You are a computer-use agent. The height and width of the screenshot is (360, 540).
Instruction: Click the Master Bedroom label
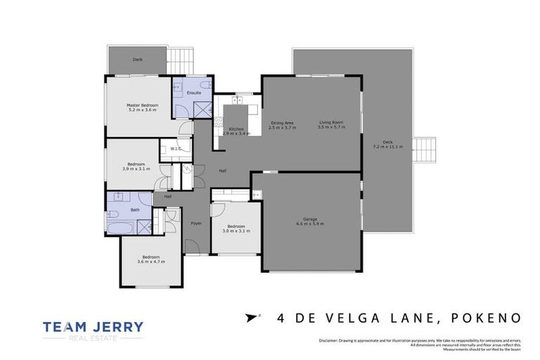(143, 105)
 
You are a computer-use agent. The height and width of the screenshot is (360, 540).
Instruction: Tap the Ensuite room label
(194, 92)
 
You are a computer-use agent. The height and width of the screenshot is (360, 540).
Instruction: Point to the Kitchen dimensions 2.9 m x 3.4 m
(236, 134)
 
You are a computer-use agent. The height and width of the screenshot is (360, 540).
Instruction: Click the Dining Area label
(282, 122)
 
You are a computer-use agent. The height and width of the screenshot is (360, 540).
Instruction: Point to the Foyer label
(196, 223)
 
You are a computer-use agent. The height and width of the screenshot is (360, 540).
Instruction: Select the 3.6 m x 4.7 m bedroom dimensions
(151, 262)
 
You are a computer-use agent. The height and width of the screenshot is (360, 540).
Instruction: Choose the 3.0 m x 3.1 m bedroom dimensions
(236, 231)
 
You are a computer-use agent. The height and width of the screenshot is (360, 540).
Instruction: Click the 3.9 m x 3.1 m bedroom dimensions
(136, 169)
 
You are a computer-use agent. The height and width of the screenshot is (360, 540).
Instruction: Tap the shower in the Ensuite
(202, 109)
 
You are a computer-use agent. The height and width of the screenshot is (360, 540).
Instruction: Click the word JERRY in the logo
(115, 326)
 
